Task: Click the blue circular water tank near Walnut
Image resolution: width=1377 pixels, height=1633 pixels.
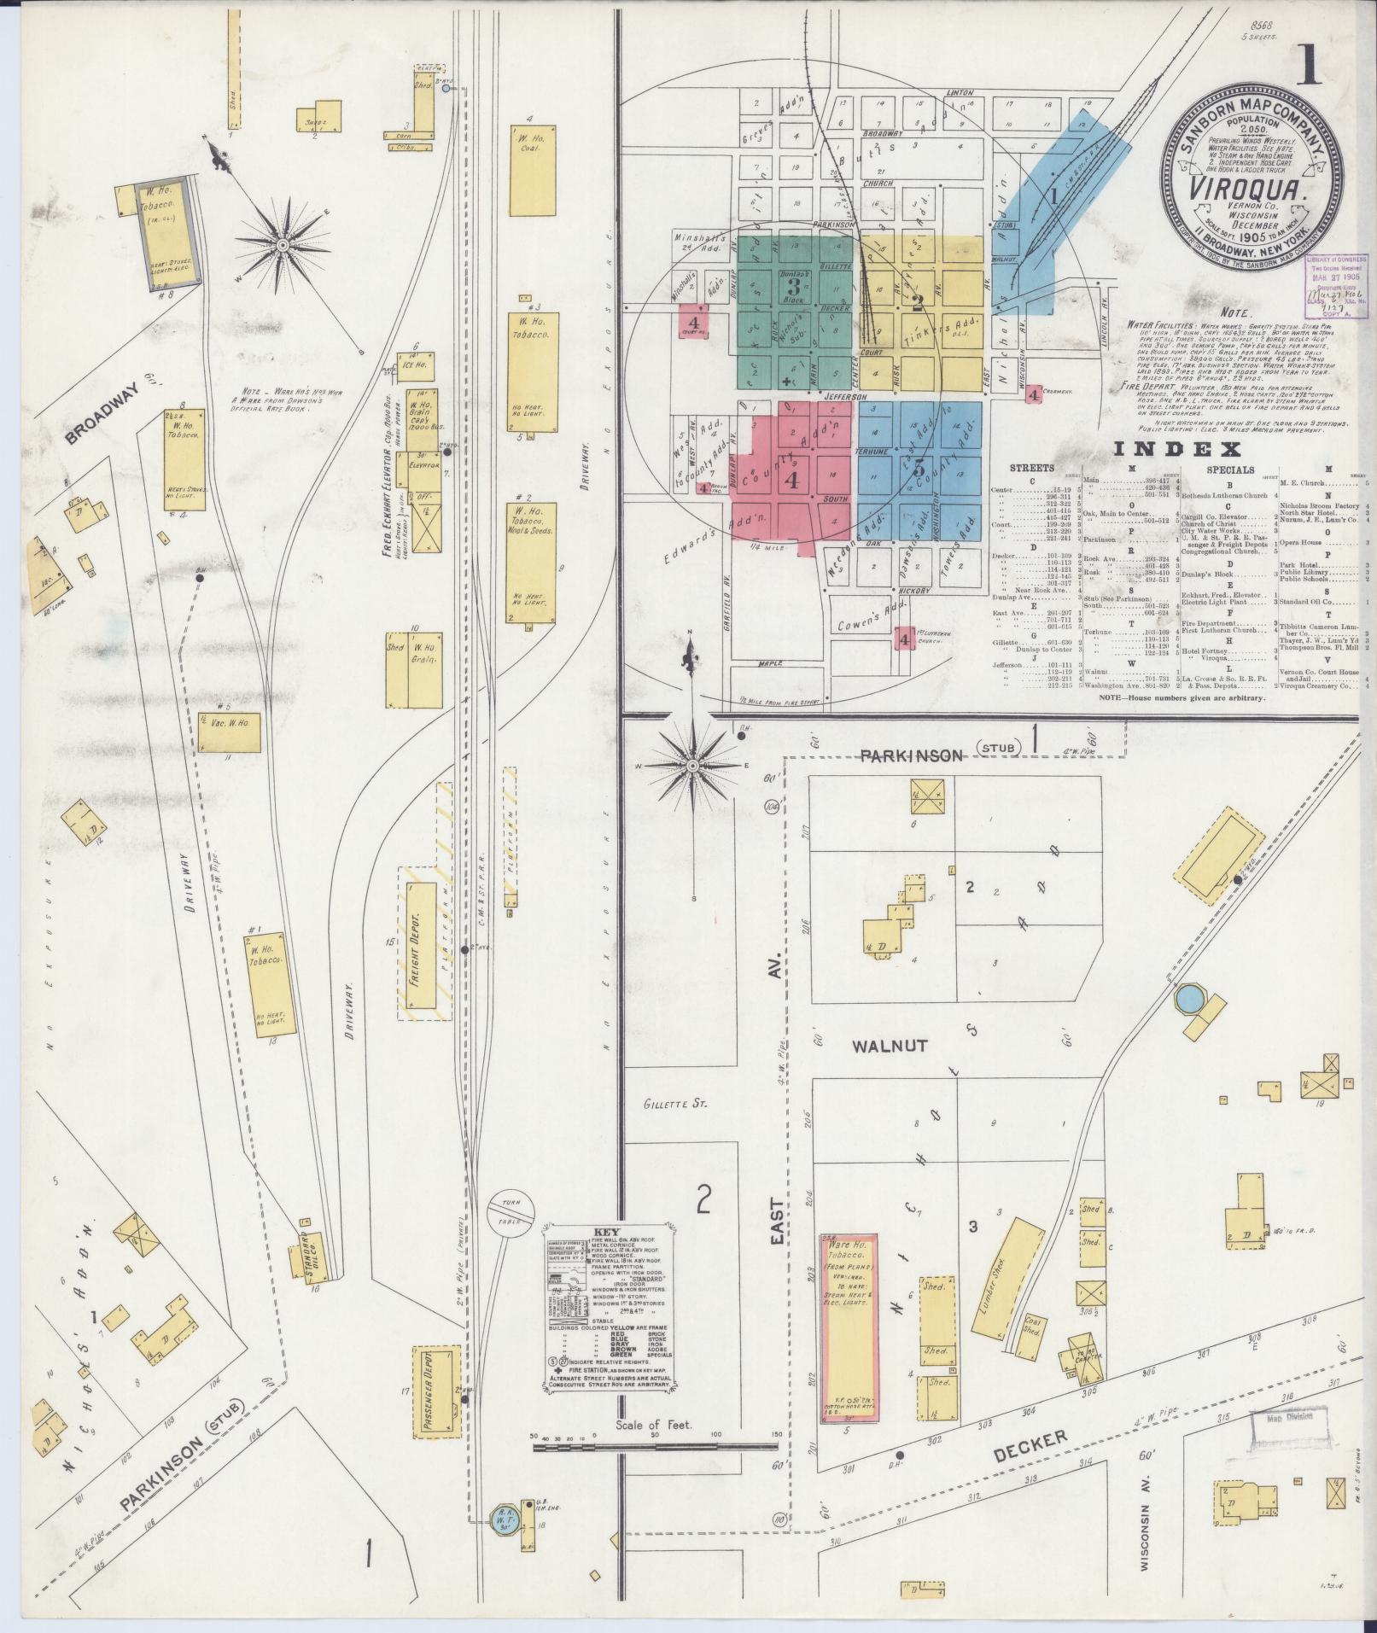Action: [1189, 996]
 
